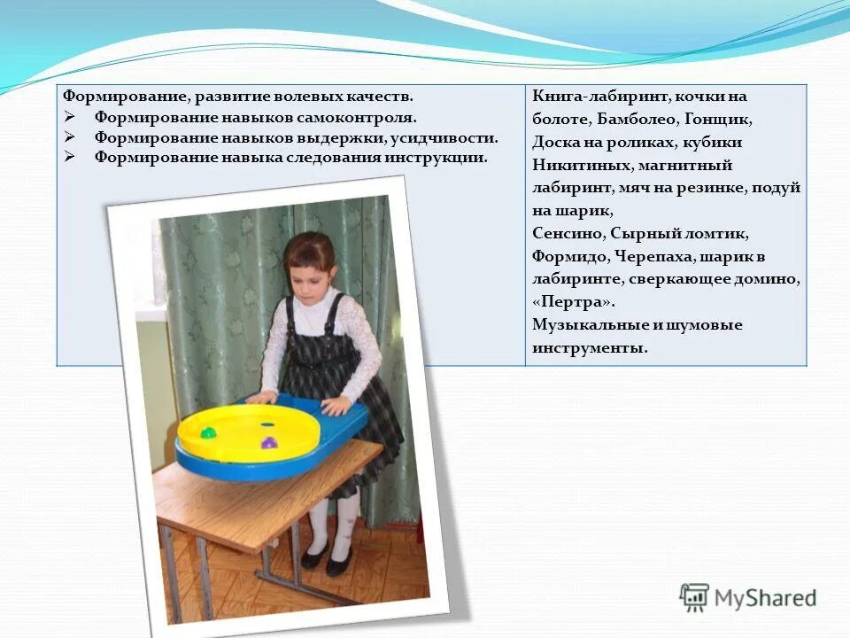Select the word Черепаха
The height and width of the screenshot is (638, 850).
(652, 257)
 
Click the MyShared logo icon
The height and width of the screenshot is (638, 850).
(694, 597)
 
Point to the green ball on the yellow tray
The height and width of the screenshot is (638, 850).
(208, 433)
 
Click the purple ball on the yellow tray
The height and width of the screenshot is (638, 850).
(267, 440)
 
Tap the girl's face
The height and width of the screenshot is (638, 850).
(311, 265)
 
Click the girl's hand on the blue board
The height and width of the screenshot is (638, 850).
(336, 405)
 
